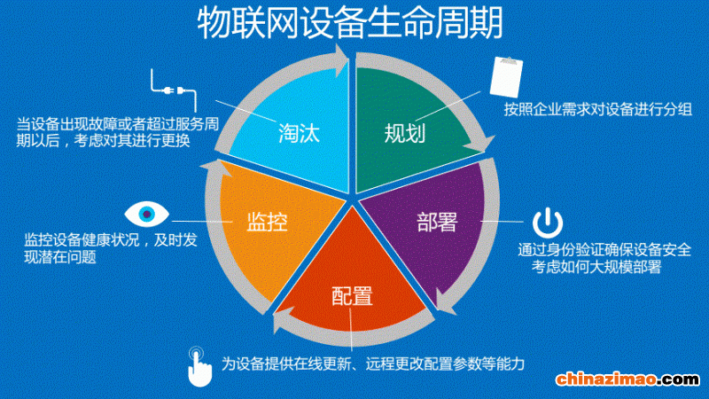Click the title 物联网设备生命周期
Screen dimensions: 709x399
(x=350, y=23)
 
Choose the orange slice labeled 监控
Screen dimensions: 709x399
(x=271, y=226)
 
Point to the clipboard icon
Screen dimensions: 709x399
(x=506, y=77)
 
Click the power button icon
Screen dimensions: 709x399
(x=547, y=223)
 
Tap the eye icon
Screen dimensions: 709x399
(x=146, y=214)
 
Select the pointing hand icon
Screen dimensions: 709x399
(x=199, y=367)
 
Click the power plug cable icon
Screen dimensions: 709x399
(x=174, y=90)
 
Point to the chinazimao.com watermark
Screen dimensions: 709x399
(x=628, y=379)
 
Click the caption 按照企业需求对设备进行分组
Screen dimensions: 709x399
(x=597, y=109)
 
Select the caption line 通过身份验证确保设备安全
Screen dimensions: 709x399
(x=604, y=250)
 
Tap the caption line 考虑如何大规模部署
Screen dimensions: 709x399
(x=596, y=267)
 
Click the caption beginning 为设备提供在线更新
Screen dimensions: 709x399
(x=373, y=364)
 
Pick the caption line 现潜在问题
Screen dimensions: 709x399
(x=60, y=257)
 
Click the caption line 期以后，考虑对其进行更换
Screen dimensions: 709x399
(x=103, y=141)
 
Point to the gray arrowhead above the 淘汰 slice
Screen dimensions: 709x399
(x=341, y=60)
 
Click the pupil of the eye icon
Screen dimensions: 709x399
(x=146, y=214)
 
